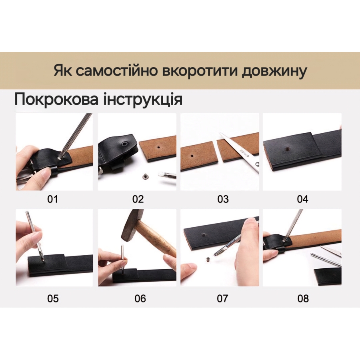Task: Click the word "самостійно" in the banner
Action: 117,70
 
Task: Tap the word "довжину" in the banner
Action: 274,71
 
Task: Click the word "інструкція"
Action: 143,100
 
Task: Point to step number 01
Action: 52,199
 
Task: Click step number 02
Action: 138,199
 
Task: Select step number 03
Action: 223,199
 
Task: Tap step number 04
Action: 302,199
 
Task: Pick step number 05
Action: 53,298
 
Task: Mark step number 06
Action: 140,298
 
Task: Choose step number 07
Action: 222,298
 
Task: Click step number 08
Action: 303,298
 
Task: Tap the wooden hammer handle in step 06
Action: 156,239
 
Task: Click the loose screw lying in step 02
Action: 145,176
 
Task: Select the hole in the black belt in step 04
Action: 286,149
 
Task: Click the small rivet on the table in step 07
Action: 208,260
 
